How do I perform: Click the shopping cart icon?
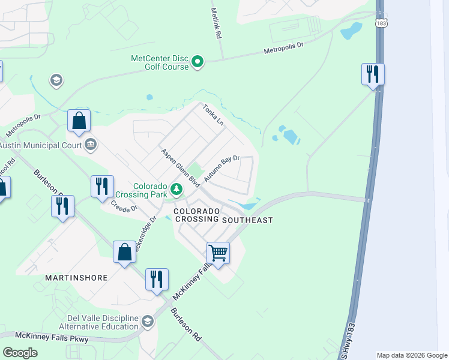[x=218, y=253]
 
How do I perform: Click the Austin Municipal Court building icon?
[x=91, y=144]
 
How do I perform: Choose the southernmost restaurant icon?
[x=157, y=280]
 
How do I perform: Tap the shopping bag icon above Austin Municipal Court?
[x=79, y=121]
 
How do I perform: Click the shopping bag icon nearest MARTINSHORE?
[x=124, y=253]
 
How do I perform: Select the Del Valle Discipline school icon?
[x=147, y=322]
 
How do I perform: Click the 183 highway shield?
[x=381, y=23]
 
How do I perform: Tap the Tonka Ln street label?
[x=212, y=114]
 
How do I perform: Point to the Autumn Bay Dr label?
[x=221, y=169]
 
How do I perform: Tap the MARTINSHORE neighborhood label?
[x=76, y=278]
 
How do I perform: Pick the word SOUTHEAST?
[x=247, y=220]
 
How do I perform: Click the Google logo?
[x=20, y=352]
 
